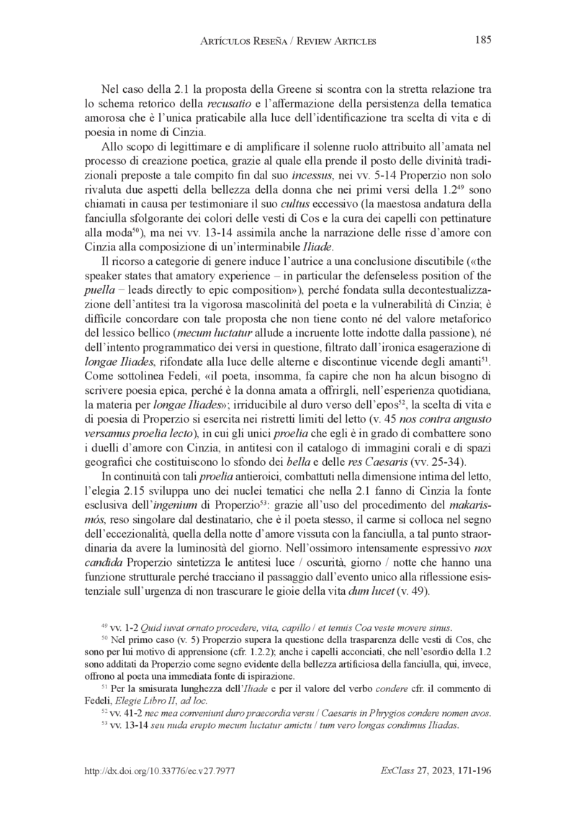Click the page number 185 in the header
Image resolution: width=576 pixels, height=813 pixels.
[x=482, y=40]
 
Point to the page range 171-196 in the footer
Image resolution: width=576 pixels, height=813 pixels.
[x=471, y=771]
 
